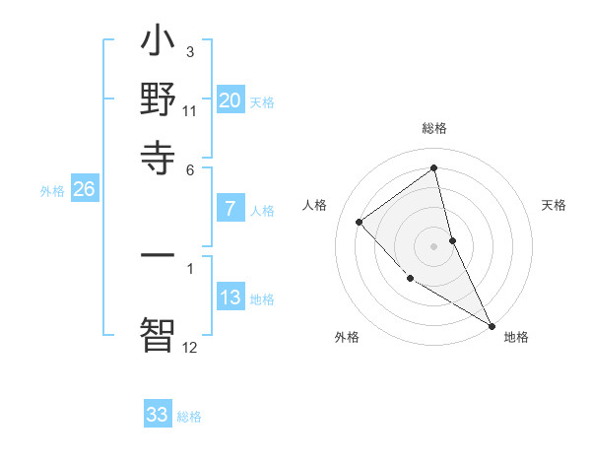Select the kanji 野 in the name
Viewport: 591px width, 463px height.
click(159, 100)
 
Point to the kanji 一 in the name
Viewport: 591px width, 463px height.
click(159, 255)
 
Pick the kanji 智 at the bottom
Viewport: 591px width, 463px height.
click(159, 333)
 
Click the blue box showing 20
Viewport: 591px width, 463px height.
click(230, 99)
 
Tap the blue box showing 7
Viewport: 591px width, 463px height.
click(230, 209)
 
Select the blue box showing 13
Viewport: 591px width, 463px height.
click(230, 298)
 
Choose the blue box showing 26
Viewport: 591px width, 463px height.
click(84, 190)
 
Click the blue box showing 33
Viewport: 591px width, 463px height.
click(158, 415)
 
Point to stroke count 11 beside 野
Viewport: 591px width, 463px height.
click(190, 111)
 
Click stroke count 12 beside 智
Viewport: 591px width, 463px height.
click(190, 347)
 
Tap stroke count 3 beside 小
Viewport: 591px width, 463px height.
click(190, 51)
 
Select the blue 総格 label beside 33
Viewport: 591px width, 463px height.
click(189, 417)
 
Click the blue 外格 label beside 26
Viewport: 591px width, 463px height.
click(52, 192)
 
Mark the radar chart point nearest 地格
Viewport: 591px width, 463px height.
click(492, 325)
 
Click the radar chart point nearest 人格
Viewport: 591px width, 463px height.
click(360, 222)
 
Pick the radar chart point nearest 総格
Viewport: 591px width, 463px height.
click(434, 168)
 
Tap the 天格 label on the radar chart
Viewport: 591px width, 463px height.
click(554, 205)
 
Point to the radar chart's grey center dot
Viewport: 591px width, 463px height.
click(434, 245)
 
